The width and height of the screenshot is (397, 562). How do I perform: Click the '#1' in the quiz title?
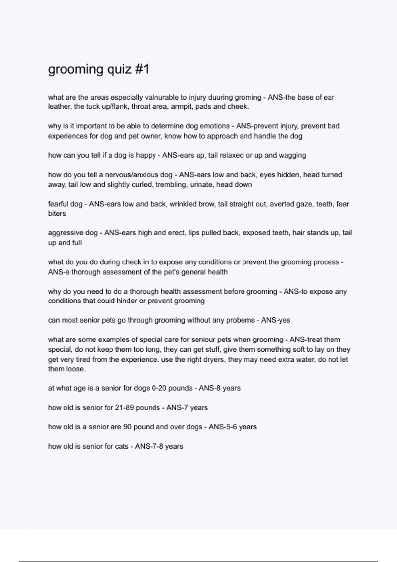tap(142, 69)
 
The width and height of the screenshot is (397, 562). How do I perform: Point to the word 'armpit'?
tap(181, 107)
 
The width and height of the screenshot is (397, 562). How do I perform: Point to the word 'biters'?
tap(57, 214)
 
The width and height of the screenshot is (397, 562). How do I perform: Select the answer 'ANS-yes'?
tap(276, 320)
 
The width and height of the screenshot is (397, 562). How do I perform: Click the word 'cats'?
tap(122, 446)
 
